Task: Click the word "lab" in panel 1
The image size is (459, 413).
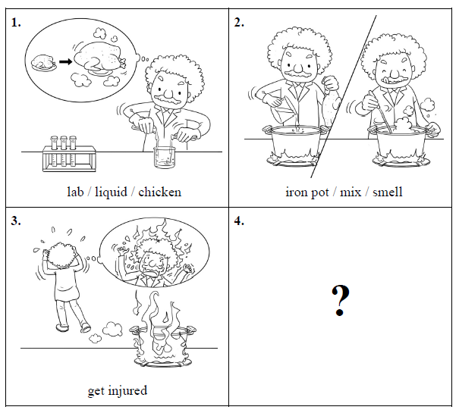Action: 75,192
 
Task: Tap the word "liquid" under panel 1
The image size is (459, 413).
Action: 111,192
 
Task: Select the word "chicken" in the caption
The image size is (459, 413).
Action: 159,192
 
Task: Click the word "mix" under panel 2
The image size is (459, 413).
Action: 351,192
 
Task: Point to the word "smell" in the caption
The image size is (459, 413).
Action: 387,192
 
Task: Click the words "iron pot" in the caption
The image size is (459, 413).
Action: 307,192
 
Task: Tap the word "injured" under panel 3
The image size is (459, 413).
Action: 127,391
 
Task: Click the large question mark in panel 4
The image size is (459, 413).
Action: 341,300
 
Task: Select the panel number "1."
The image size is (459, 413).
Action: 16,23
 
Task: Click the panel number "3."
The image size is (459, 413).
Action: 16,221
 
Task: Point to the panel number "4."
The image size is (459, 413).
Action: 239,221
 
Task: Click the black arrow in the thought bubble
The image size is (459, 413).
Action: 65,61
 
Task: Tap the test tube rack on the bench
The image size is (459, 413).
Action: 69,154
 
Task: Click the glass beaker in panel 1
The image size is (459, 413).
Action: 165,158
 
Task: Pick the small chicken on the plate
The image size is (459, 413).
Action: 43,62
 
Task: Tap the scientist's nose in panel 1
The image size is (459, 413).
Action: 169,92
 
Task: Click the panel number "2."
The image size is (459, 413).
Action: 239,23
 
